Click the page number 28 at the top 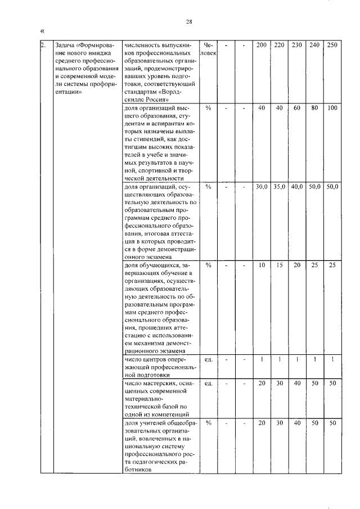pyautogui.click(x=190, y=22)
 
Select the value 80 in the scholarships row pyautogui.click(x=314, y=108)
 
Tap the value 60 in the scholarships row pyautogui.click(x=296, y=108)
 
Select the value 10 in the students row pyautogui.click(x=262, y=265)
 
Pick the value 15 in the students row pyautogui.click(x=279, y=265)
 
